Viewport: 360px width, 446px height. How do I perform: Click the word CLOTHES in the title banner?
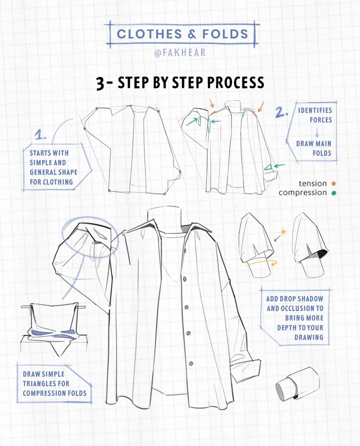pyautogui.click(x=149, y=34)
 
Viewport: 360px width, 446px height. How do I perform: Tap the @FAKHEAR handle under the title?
pyautogui.click(x=180, y=52)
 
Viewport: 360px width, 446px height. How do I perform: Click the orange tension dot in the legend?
pyautogui.click(x=333, y=183)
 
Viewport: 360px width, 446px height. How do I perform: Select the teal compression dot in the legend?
pyautogui.click(x=333, y=193)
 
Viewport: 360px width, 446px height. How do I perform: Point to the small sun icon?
pyautogui.click(x=283, y=232)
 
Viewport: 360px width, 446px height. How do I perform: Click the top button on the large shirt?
pyautogui.click(x=185, y=279)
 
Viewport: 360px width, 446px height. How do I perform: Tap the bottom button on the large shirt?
pyautogui.click(x=191, y=363)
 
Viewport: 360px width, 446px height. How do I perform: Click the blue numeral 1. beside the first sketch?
pyautogui.click(x=40, y=134)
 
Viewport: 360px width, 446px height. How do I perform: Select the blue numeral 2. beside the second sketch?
pyautogui.click(x=281, y=112)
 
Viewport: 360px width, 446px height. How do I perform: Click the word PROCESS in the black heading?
pyautogui.click(x=235, y=82)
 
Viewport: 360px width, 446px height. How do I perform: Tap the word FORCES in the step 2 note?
pyautogui.click(x=321, y=120)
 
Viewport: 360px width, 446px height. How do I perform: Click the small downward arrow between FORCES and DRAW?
pyautogui.click(x=317, y=132)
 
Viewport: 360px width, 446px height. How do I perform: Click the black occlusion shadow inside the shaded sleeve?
pyautogui.click(x=321, y=253)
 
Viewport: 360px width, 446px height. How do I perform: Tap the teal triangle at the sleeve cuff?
pyautogui.click(x=268, y=167)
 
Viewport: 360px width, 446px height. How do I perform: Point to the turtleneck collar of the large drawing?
pyautogui.click(x=164, y=218)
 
